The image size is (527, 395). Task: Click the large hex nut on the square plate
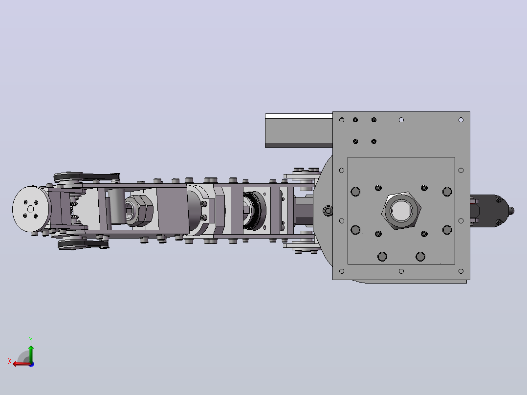coord(401,211)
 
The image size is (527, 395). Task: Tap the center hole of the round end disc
coord(31,209)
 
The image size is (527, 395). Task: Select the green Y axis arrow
coord(31,353)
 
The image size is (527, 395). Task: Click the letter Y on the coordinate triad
coord(31,340)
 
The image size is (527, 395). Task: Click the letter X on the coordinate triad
coord(10,361)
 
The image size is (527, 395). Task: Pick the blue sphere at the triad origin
coord(31,364)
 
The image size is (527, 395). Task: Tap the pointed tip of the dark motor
coord(512,211)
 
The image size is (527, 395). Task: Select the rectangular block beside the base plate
coord(299,131)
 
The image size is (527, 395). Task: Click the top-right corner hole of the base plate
coord(461,120)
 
